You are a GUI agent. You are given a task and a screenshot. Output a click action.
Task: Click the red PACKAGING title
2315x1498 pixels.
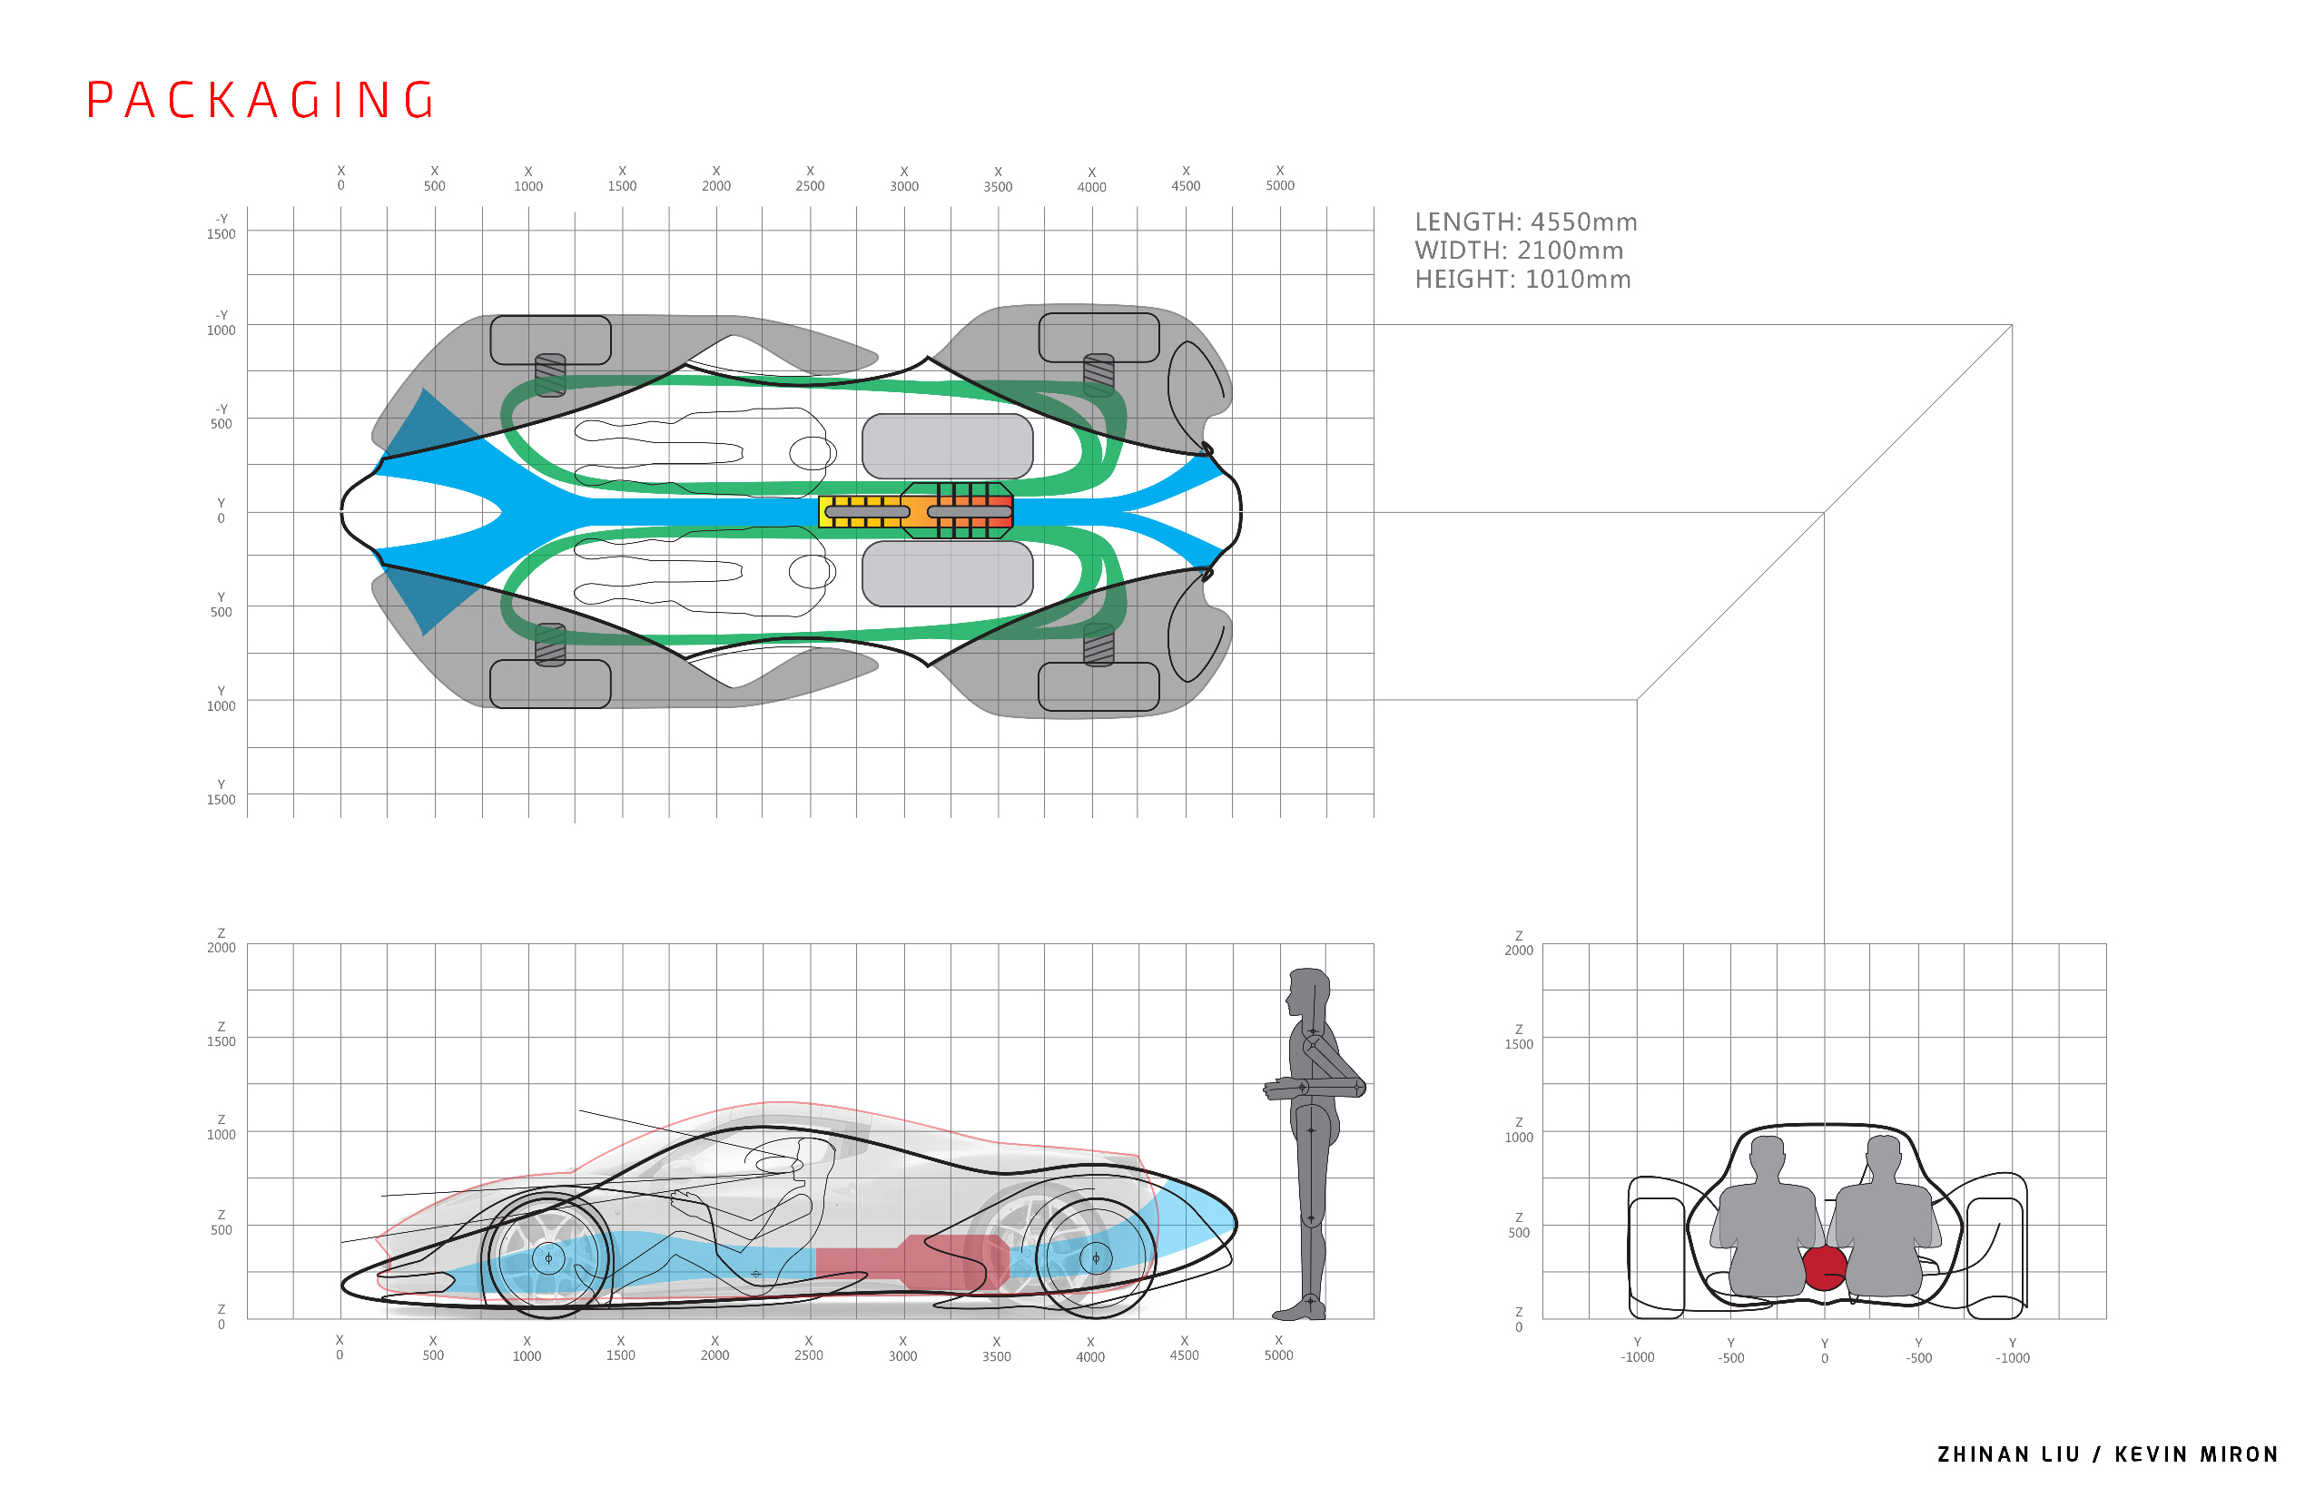pyautogui.click(x=261, y=100)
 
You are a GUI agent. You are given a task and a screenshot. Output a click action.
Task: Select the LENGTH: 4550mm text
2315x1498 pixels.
pyautogui.click(x=1525, y=222)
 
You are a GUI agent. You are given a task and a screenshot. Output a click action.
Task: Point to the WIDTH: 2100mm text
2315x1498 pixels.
pyautogui.click(x=1518, y=251)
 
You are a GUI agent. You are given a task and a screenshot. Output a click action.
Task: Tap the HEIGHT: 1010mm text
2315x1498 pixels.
pyautogui.click(x=1522, y=281)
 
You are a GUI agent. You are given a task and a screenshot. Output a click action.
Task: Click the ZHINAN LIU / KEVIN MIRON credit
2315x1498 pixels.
pyautogui.click(x=2108, y=1454)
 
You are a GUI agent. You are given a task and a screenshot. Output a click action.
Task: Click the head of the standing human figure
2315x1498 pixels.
pyautogui.click(x=1308, y=990)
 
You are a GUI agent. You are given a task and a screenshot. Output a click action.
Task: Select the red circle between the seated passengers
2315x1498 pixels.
pyautogui.click(x=1824, y=1268)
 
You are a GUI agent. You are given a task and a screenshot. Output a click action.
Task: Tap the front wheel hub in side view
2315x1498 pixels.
pyautogui.click(x=548, y=1258)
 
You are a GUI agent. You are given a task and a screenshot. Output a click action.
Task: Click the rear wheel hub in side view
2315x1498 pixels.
pyautogui.click(x=1097, y=1258)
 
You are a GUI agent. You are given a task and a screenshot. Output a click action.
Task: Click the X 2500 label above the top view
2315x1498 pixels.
pyautogui.click(x=809, y=179)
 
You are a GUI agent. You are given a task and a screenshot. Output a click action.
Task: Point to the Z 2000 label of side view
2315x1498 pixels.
pyautogui.click(x=221, y=941)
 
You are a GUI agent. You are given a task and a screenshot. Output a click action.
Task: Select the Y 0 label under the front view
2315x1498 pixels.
pyautogui.click(x=1824, y=1351)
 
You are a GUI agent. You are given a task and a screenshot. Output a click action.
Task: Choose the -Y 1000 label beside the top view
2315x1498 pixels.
pyautogui.click(x=221, y=323)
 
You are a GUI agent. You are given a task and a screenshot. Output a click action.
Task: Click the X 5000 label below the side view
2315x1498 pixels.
pyautogui.click(x=1278, y=1348)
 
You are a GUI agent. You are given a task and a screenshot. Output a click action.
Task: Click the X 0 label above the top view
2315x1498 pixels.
pyautogui.click(x=340, y=178)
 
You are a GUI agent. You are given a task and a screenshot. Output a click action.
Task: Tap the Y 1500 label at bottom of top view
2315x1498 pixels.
pyautogui.click(x=221, y=793)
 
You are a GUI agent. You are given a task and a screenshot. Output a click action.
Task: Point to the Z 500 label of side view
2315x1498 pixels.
pyautogui.click(x=221, y=1223)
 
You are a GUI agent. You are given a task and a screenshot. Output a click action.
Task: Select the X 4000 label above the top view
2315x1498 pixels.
pyautogui.click(x=1091, y=180)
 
